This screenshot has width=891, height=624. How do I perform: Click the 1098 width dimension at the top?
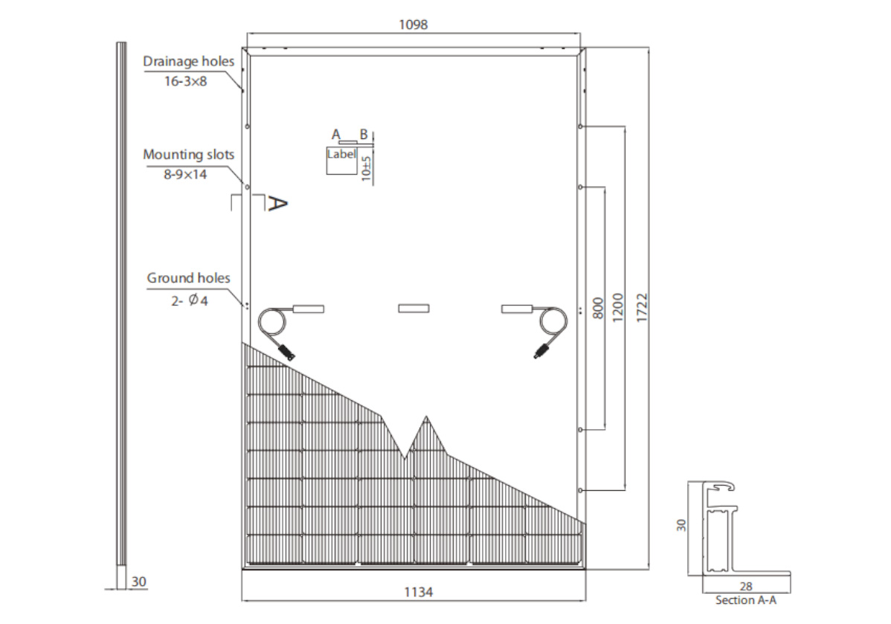tap(414, 24)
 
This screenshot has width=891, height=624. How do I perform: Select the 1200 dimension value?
tap(617, 306)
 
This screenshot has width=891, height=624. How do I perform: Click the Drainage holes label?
tap(188, 62)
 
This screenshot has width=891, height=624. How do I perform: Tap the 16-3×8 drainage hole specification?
tap(185, 80)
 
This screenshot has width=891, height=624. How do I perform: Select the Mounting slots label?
tap(188, 155)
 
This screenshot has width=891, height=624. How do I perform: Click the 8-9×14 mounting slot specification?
tap(186, 173)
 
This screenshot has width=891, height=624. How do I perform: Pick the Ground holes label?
tap(188, 278)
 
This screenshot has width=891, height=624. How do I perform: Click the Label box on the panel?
tap(341, 160)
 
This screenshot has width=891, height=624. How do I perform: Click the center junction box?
tap(414, 308)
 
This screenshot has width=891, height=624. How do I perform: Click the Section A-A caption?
tap(745, 600)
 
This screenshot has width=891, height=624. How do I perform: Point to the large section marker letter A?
tap(276, 203)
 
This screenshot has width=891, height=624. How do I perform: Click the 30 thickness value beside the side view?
tap(139, 582)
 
